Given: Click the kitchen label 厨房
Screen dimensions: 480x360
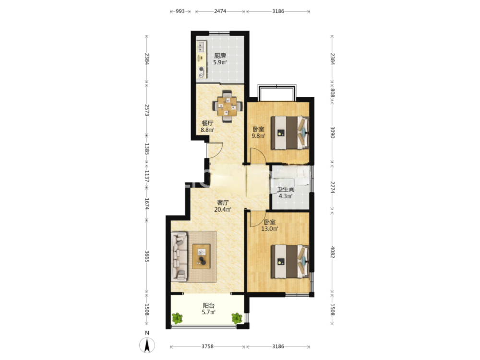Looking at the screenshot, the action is (x=220, y=56).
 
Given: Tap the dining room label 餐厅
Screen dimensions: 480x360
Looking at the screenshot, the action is (x=207, y=123).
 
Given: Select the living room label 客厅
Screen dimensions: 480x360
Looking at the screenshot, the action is (x=223, y=203).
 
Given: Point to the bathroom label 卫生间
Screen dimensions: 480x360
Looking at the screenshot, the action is (x=286, y=190).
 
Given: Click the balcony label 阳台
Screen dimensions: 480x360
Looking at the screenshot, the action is (x=208, y=305).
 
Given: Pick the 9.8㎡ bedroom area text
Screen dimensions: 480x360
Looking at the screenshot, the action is (x=258, y=136).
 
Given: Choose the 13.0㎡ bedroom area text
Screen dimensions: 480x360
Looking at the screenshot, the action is (x=269, y=228).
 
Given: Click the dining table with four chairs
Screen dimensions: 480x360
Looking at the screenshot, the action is (x=227, y=106).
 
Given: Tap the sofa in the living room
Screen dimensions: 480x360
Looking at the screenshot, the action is (x=179, y=256).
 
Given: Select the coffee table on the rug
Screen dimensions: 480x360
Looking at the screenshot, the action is (x=201, y=256).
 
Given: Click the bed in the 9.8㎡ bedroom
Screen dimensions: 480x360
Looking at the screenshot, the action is (x=290, y=133).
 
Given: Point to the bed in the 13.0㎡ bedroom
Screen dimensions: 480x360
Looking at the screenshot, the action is (x=290, y=262).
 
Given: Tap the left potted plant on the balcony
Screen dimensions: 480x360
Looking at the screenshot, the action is (x=177, y=318).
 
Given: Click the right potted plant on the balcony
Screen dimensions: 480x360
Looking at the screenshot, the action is (x=237, y=318).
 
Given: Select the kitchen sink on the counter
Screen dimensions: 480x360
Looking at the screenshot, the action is (x=201, y=47).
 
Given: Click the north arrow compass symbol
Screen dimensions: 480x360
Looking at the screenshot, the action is (x=147, y=345).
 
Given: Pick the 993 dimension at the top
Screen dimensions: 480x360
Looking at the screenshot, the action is (x=180, y=12).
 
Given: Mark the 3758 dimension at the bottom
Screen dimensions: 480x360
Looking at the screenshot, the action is (x=207, y=347).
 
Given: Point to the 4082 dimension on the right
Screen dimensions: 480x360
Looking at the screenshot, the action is (x=333, y=252).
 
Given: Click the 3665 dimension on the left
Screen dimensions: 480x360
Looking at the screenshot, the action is (x=147, y=256).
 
